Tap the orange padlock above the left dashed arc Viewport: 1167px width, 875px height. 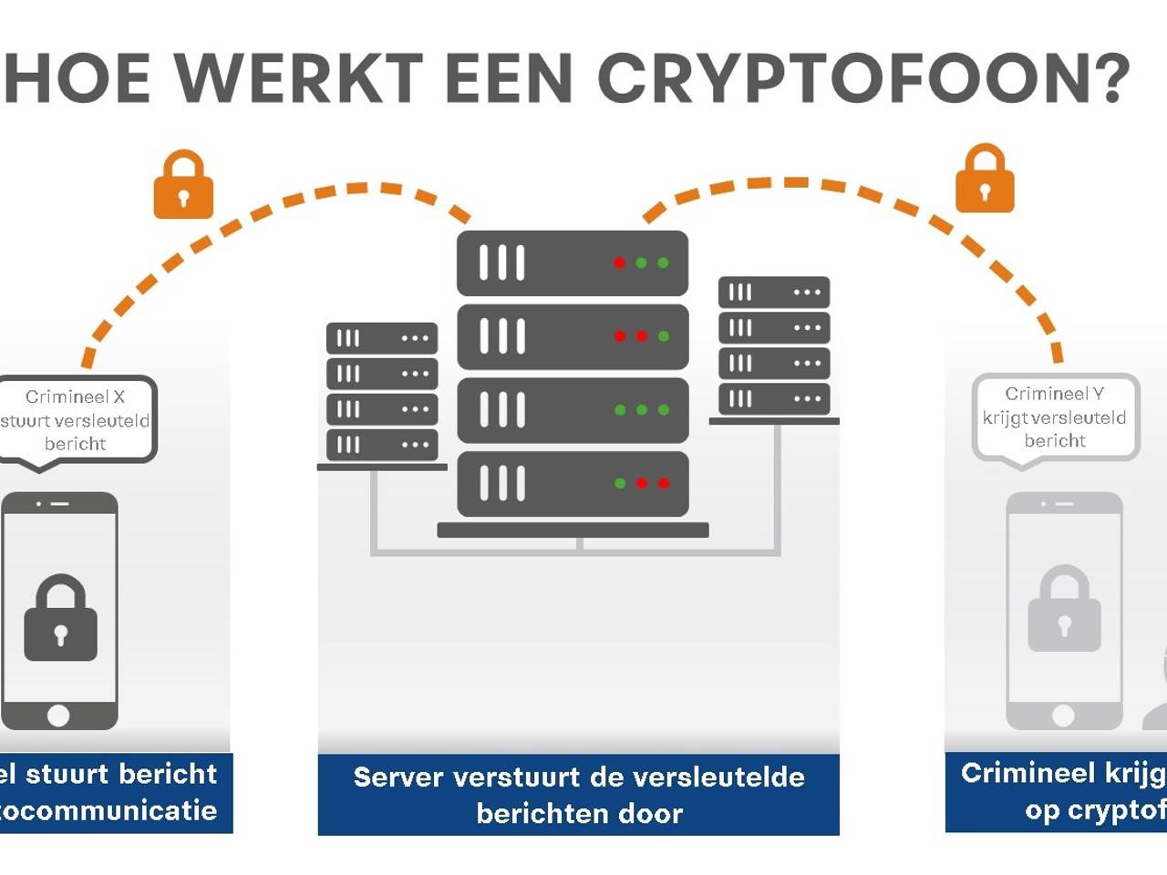click(x=183, y=186)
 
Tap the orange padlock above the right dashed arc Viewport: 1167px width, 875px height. click(x=985, y=180)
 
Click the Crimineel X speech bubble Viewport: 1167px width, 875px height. click(x=77, y=420)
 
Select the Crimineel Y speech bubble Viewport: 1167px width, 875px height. click(x=1055, y=417)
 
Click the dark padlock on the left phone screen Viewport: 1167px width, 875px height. click(x=60, y=619)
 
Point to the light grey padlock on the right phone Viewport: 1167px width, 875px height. click(x=1064, y=610)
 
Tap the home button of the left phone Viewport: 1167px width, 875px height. click(x=58, y=715)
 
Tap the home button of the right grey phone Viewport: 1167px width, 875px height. click(x=1063, y=715)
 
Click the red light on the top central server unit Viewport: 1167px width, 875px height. click(x=620, y=262)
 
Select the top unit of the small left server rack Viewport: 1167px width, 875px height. click(x=382, y=338)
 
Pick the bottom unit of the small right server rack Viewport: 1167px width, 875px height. click(x=774, y=398)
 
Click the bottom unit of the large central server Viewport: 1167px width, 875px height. click(x=573, y=483)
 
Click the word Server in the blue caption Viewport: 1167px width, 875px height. click(x=398, y=777)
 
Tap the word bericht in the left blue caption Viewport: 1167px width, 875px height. click(x=168, y=774)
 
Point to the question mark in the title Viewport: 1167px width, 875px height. click(x=1108, y=78)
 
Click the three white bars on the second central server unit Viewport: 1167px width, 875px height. click(x=502, y=336)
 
